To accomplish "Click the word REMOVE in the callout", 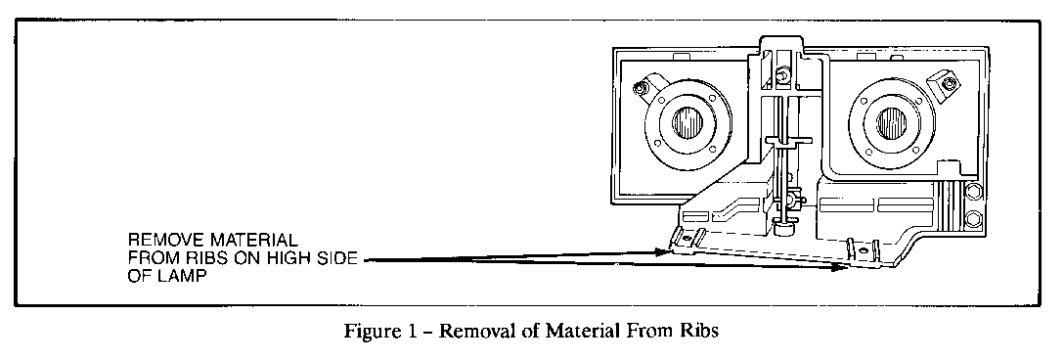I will click(161, 238).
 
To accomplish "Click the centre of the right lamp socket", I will click(893, 123).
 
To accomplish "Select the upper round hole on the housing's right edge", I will click(973, 192).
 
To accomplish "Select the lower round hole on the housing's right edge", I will click(973, 216).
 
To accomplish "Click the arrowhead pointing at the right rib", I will click(839, 265).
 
